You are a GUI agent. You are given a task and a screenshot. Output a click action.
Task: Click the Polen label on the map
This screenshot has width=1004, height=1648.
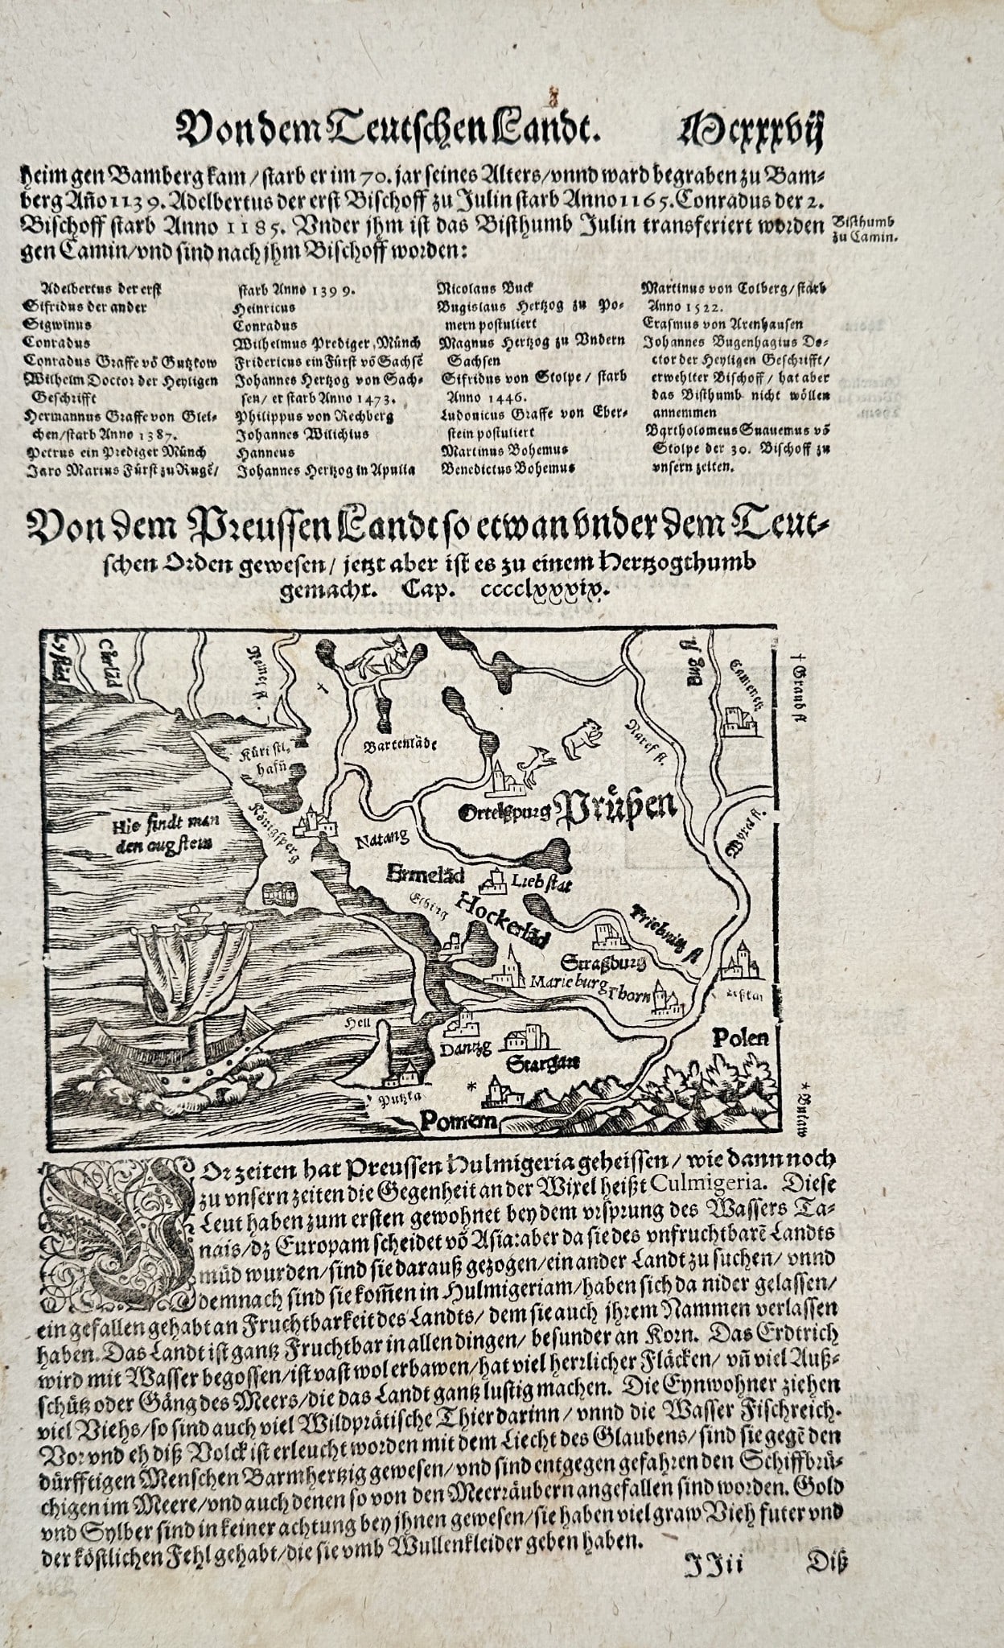740,1039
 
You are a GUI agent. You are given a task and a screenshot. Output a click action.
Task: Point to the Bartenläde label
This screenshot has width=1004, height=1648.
400,744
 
